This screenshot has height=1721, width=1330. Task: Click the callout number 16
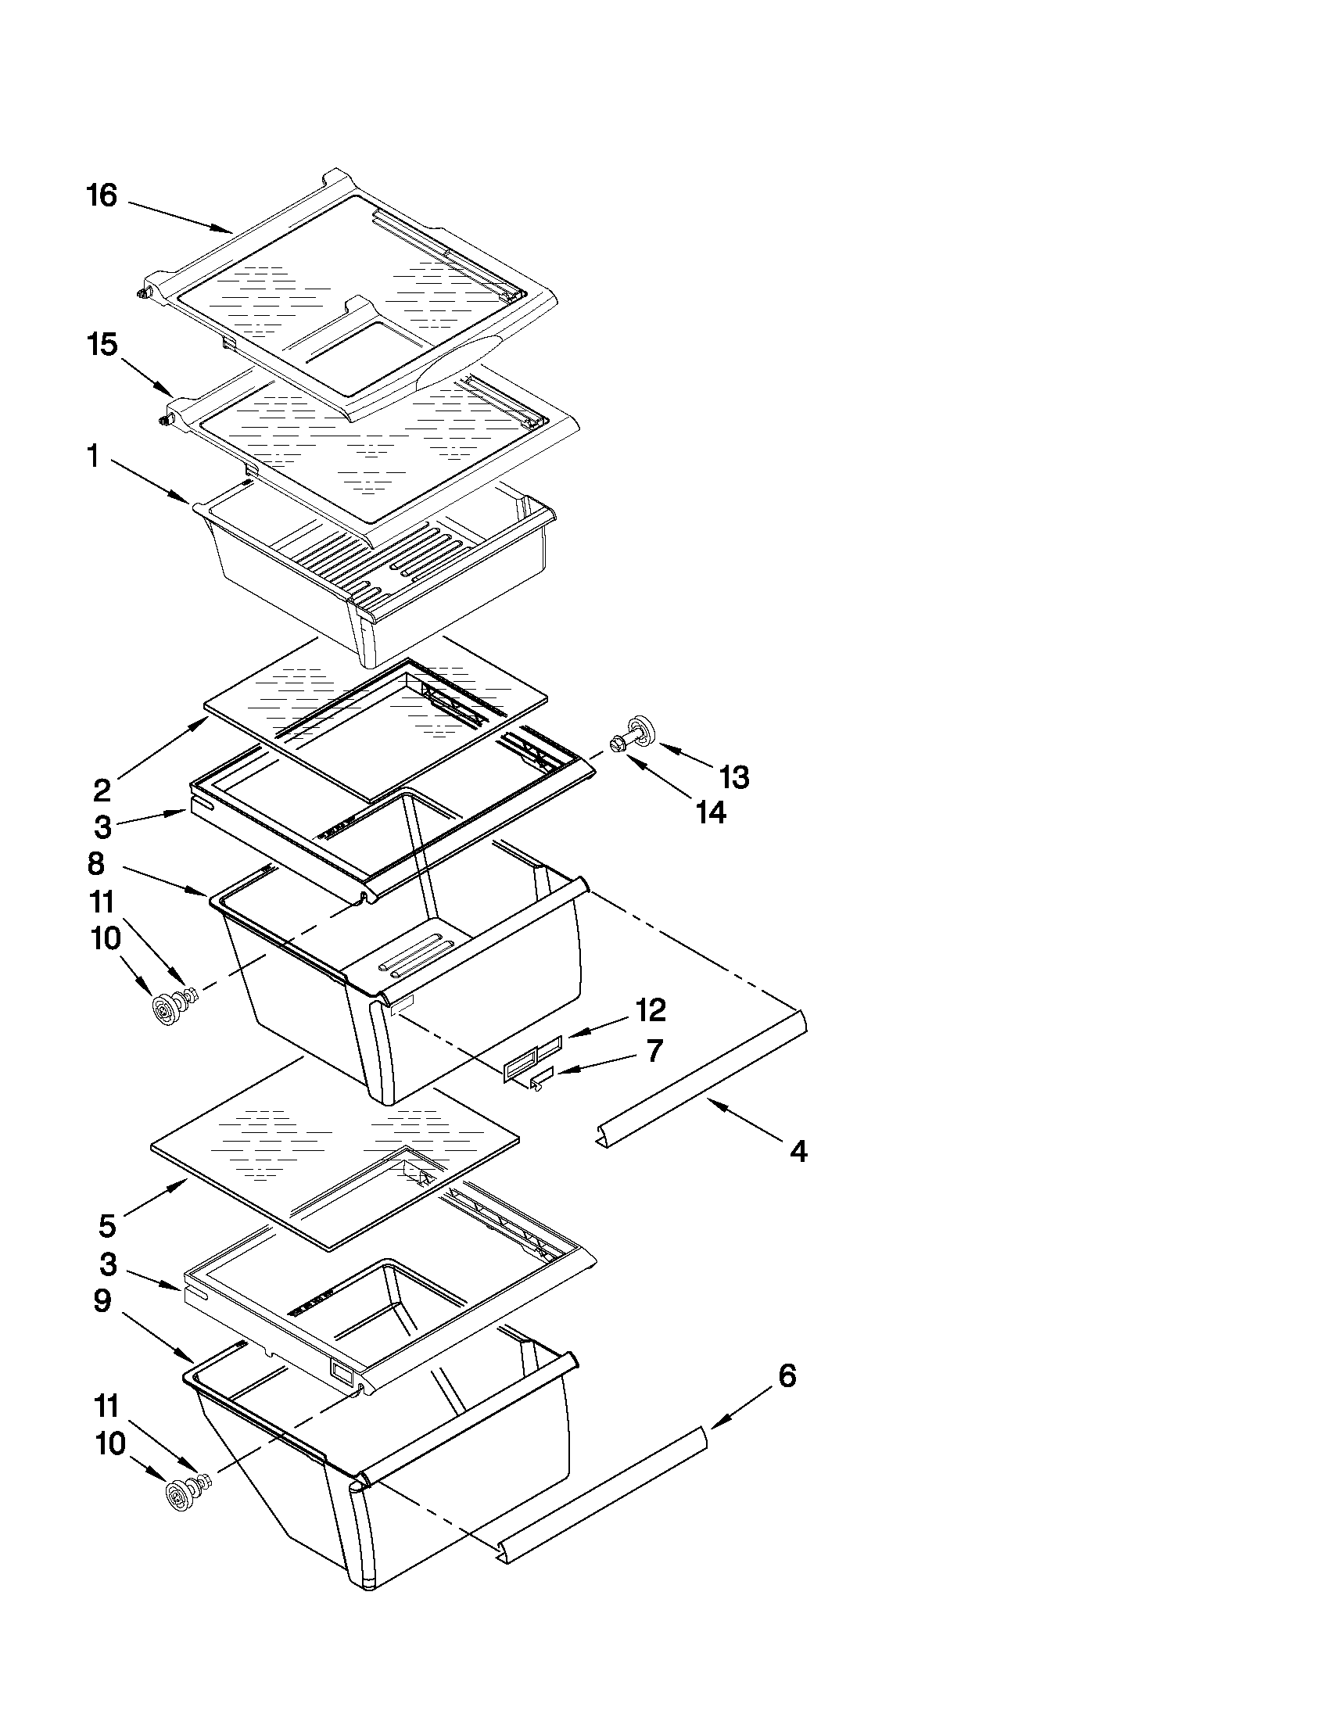pos(102,195)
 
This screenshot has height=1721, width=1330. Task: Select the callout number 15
pos(102,344)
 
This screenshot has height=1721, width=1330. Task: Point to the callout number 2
pos(102,790)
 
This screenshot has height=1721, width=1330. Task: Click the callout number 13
pos(733,777)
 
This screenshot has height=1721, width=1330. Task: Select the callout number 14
pos(710,812)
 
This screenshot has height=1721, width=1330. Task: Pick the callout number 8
pos(95,864)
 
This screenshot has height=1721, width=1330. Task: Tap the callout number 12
pos(650,1009)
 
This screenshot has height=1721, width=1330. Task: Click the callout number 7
pos(654,1050)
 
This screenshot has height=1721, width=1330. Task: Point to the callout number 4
pos(798,1151)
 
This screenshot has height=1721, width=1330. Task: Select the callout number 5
pos(107,1225)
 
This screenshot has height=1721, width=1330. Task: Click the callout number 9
pos(102,1301)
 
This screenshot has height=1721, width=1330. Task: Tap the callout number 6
pos(787,1376)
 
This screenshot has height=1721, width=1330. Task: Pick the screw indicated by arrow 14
pos(618,743)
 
